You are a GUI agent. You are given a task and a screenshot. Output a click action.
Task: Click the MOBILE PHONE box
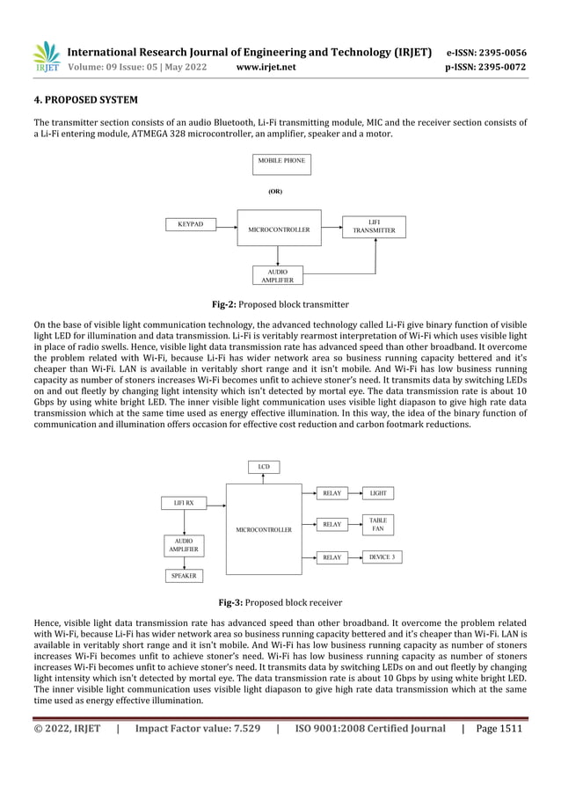click(280, 164)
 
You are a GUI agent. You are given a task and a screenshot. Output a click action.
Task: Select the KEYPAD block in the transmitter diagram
click(191, 225)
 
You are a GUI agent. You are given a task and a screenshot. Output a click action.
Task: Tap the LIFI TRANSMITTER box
click(374, 227)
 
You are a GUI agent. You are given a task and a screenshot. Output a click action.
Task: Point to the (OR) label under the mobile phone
click(275, 190)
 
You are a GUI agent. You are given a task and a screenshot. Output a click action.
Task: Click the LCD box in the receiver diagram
click(263, 466)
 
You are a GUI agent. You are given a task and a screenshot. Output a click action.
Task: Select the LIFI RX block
click(183, 503)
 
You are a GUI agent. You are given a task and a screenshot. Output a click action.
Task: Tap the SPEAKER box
click(183, 576)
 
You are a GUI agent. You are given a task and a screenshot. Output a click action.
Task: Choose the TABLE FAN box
click(377, 525)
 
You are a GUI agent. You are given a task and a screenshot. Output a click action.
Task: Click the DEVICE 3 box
click(382, 557)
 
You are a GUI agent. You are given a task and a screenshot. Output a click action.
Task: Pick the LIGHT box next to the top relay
click(378, 493)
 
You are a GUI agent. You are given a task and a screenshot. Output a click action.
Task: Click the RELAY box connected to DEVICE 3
click(331, 557)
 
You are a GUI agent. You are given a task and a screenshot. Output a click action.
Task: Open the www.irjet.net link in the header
click(266, 67)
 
